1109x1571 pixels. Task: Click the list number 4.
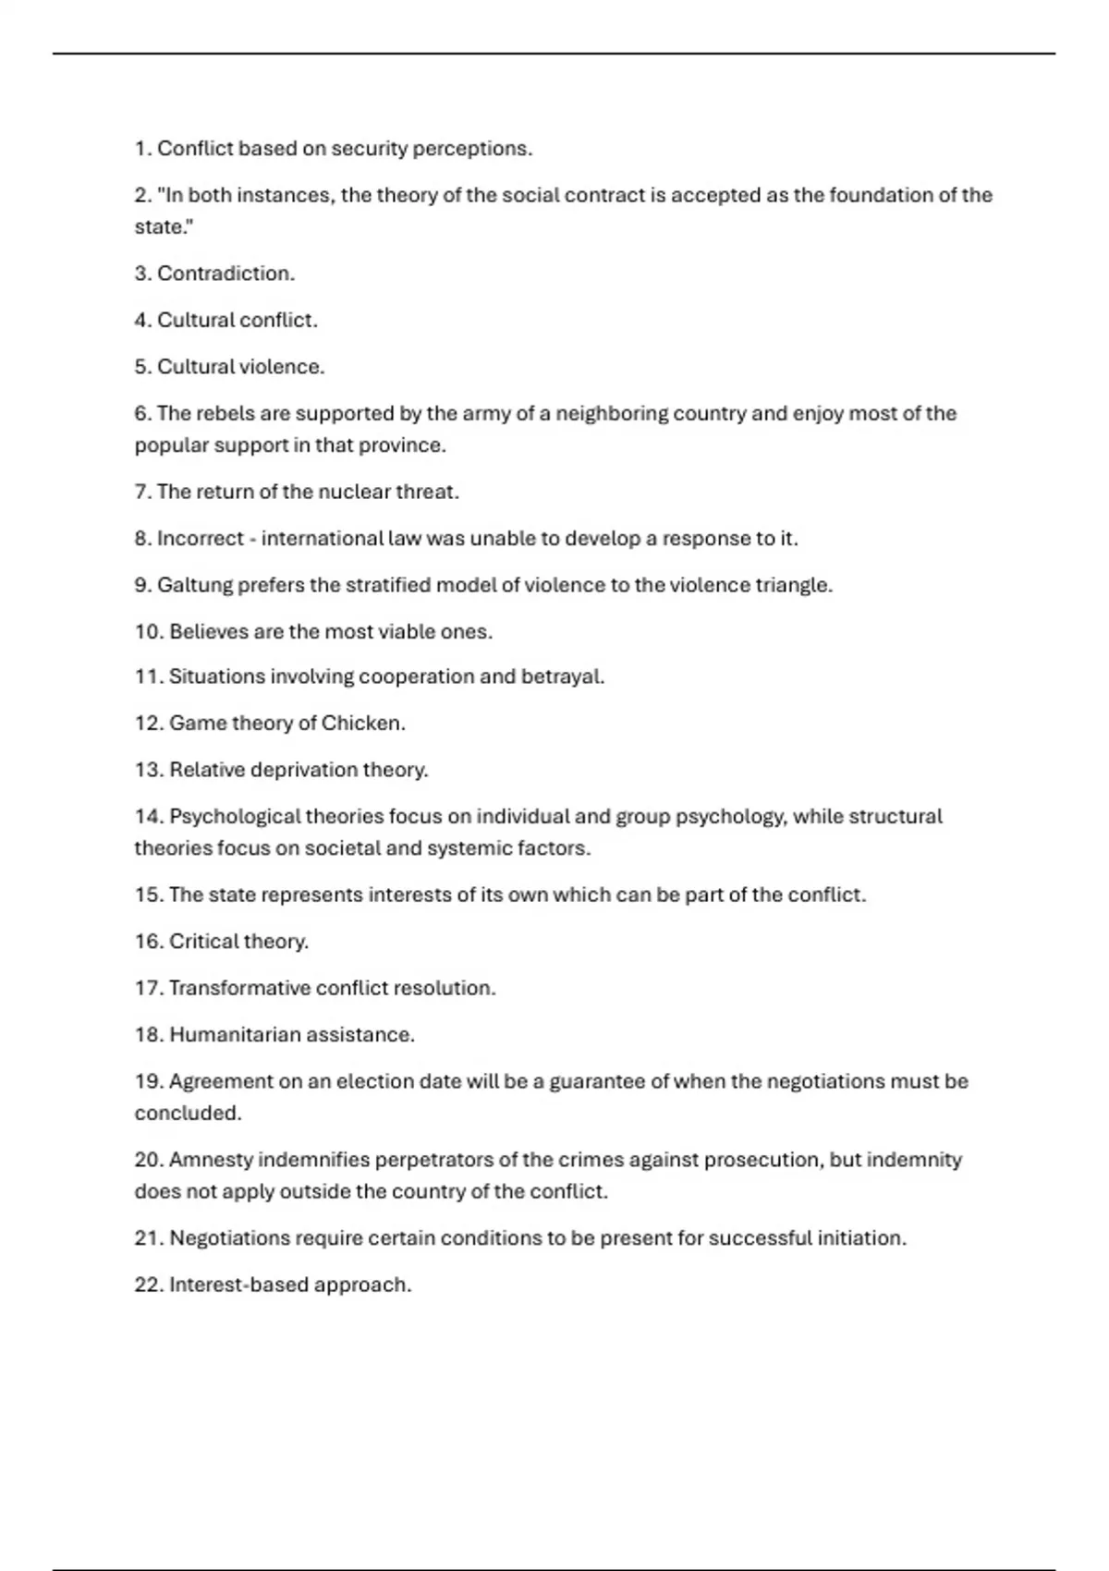click(141, 320)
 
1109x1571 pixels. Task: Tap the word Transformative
click(239, 988)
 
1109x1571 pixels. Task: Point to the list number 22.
click(148, 1285)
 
